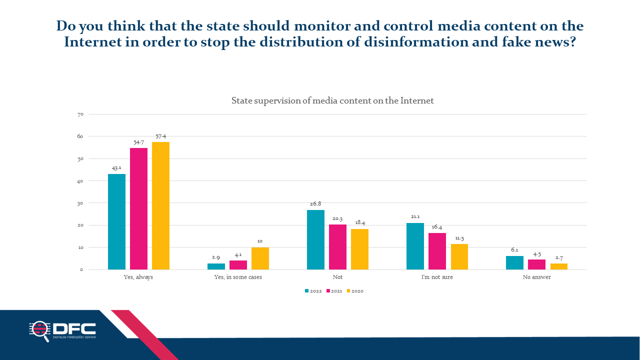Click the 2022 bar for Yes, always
coord(116,221)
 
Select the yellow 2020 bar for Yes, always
coord(160,205)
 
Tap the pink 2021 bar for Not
coord(337,247)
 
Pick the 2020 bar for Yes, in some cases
coord(260,258)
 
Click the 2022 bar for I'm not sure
coord(415,246)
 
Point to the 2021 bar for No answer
coord(536,264)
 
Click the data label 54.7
coord(139,142)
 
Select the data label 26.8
coord(315,203)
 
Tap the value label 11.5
coord(459,238)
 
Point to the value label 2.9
coord(216,257)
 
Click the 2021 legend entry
coord(334,291)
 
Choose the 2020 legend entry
coord(355,291)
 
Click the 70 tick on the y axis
coord(80,114)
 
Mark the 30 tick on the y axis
coord(80,203)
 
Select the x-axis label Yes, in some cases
coord(238,277)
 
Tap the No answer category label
coord(537,277)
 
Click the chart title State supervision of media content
coord(332,100)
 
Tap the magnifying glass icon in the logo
coord(40,331)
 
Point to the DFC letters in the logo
coord(74,328)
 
